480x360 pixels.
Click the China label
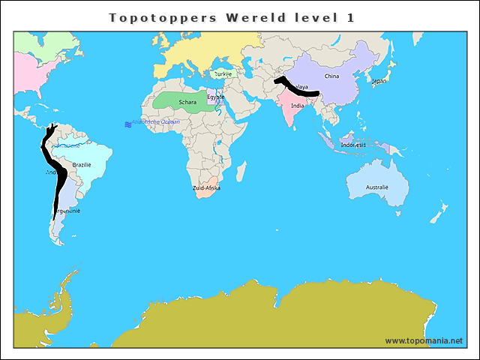click(331, 76)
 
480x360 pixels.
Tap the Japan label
click(379, 81)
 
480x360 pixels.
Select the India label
click(298, 106)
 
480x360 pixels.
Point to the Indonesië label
click(353, 144)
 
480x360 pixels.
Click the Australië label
click(376, 187)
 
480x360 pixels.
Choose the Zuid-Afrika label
click(206, 188)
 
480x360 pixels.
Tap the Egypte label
click(216, 97)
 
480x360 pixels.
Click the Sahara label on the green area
click(187, 102)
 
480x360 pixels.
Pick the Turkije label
click(223, 74)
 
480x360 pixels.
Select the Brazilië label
click(82, 164)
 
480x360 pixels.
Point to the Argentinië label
click(66, 211)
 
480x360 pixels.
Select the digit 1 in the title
click(350, 16)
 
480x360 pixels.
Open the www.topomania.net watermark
click(424, 341)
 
